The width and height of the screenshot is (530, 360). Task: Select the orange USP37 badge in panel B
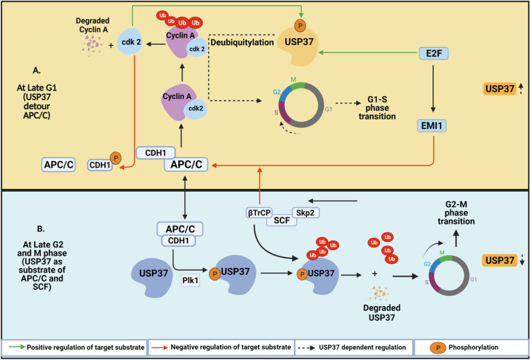coord(503,260)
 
